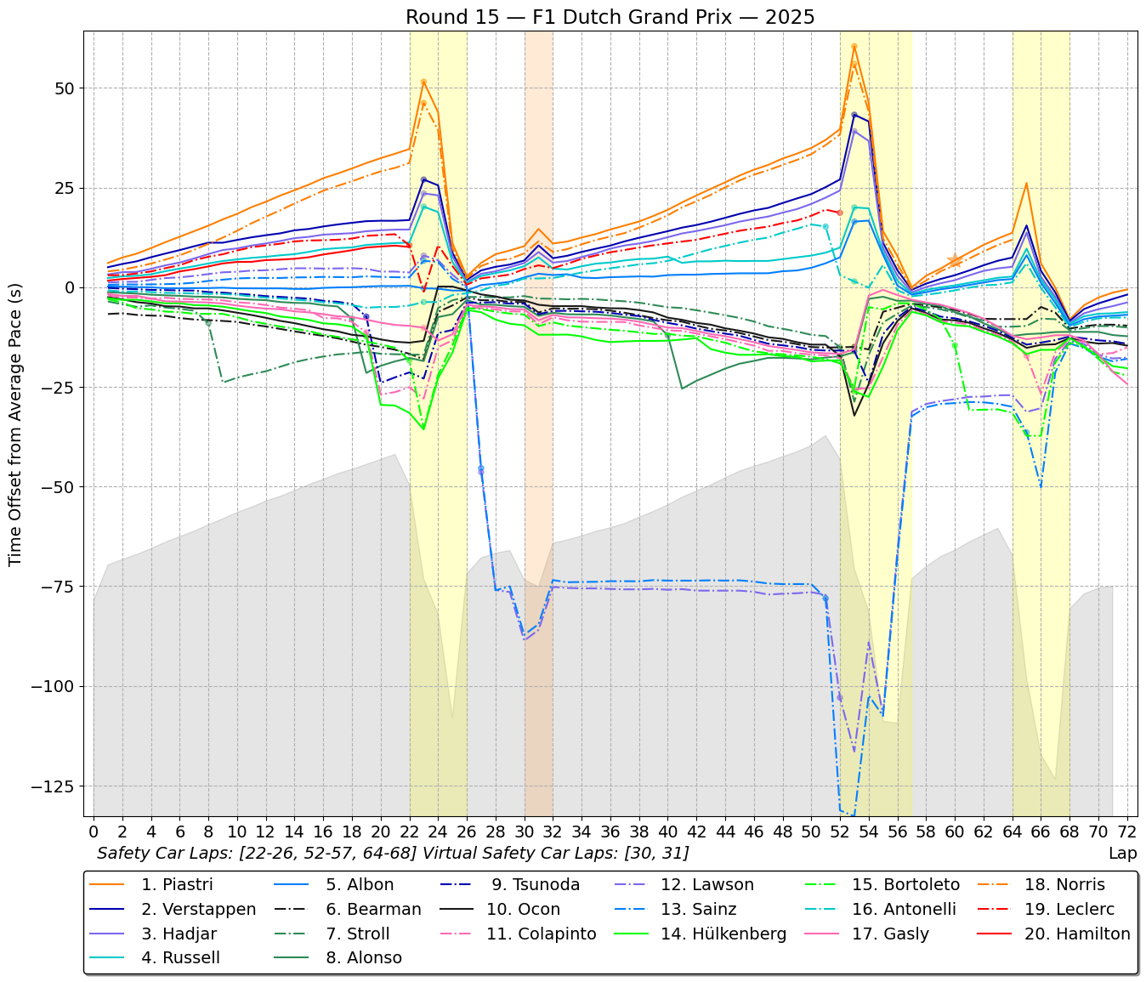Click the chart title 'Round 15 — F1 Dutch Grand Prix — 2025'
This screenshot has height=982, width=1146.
click(x=610, y=17)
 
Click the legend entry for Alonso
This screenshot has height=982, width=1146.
click(x=364, y=958)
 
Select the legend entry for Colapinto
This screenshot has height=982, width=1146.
click(x=541, y=934)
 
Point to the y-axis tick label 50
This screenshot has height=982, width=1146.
click(x=66, y=88)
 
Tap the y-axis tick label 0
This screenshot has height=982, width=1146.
click(x=71, y=287)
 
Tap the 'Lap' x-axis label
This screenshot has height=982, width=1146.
click(x=1122, y=853)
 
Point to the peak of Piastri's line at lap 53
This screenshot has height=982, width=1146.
click(x=854, y=46)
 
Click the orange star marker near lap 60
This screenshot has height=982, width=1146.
click(x=954, y=261)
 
